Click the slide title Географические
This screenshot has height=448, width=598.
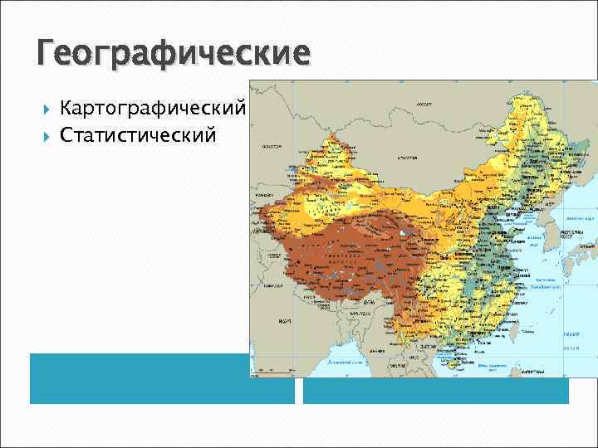173,55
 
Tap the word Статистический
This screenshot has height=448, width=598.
138,134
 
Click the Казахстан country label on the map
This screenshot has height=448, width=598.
271,145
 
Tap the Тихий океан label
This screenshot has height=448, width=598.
571,334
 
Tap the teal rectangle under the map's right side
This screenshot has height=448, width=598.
435,391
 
